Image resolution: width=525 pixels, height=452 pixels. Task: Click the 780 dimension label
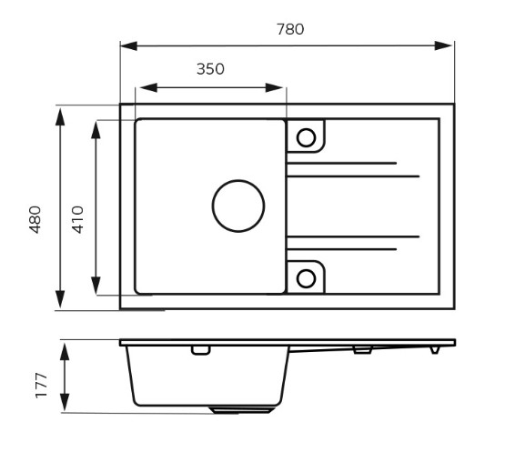coord(290,29)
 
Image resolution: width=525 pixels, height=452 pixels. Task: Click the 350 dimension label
coord(210,69)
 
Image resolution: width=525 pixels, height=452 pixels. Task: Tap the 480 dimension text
coord(35,219)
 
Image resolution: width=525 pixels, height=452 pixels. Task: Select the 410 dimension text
coord(77,219)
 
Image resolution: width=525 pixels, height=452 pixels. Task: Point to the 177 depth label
coord(42,385)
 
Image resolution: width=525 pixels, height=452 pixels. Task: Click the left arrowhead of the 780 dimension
coord(129,45)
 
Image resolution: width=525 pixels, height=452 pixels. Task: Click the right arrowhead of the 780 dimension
coord(442,45)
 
